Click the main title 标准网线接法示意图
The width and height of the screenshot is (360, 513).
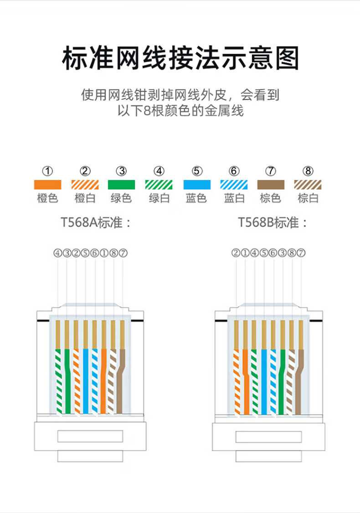tap(180, 59)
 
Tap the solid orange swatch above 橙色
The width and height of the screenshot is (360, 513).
tap(47, 185)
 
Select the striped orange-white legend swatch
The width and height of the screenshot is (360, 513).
tap(85, 185)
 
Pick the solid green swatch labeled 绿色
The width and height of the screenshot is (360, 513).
tap(121, 185)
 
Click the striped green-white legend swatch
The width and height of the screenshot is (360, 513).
tap(159, 185)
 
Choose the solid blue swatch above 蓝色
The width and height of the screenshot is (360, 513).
tap(197, 185)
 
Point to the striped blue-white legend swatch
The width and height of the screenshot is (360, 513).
tap(234, 185)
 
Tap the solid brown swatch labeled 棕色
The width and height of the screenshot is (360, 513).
tap(271, 185)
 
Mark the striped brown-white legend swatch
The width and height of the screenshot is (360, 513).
tap(308, 185)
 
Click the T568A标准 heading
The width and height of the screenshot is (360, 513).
tap(96, 222)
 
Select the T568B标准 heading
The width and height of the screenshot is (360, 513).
tap(273, 222)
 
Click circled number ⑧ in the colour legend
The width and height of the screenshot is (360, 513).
tap(308, 171)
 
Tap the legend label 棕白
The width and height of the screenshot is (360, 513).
tap(308, 198)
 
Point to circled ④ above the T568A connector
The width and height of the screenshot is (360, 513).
tap(57, 253)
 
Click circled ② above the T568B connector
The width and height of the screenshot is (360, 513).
tap(236, 253)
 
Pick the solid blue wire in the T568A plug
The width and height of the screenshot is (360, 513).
tap(85, 381)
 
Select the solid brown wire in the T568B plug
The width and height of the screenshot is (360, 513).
tap(299, 382)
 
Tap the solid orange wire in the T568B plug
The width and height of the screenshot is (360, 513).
tap(246, 382)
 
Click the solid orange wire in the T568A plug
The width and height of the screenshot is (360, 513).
tap(104, 381)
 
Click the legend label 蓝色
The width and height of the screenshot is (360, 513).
tap(196, 198)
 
